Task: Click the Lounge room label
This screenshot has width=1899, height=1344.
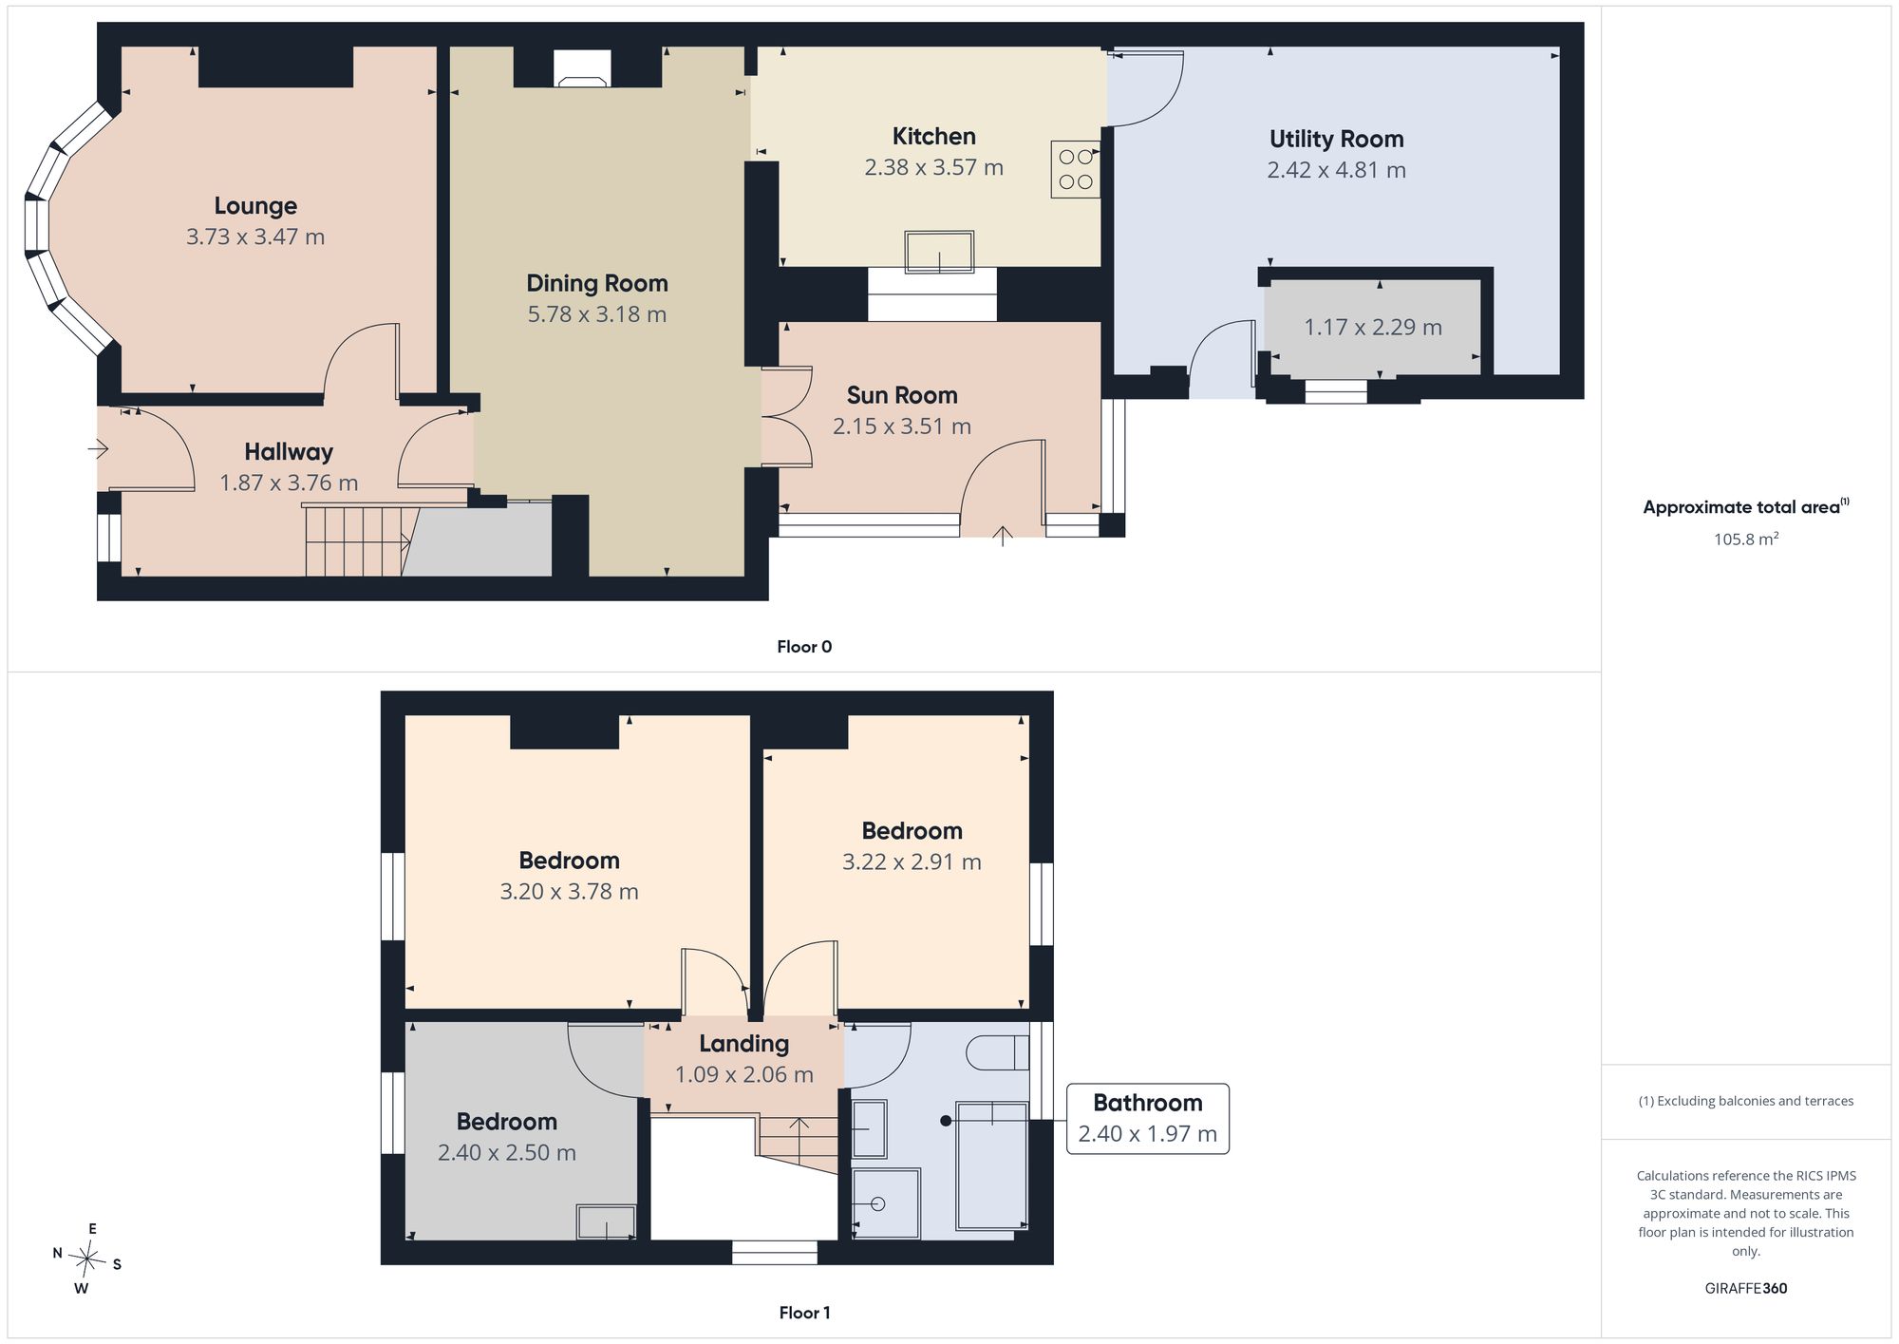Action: tap(255, 205)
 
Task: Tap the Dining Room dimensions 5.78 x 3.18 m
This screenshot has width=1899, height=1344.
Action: tap(597, 313)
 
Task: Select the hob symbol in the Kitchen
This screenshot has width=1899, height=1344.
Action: tap(1076, 169)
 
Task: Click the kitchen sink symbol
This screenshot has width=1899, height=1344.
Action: tap(939, 252)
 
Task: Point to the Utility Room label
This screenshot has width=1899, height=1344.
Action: tap(1337, 139)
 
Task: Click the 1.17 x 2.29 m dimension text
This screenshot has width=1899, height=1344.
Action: tap(1373, 327)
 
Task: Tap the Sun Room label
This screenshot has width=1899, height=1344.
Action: tap(902, 395)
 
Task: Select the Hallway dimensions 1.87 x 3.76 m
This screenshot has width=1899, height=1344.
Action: tap(289, 483)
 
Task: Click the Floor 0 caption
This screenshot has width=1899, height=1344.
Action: tap(804, 647)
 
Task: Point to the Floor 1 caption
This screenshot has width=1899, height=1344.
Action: tap(804, 1313)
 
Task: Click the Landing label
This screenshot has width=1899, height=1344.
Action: tap(744, 1044)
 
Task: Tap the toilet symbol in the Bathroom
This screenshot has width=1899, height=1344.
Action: tap(997, 1052)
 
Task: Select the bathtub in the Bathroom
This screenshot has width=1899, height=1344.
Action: tap(992, 1166)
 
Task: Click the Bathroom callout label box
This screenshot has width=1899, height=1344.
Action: tap(1148, 1119)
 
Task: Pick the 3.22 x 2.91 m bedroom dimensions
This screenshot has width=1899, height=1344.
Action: tap(912, 861)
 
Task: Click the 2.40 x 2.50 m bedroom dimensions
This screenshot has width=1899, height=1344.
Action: tap(507, 1152)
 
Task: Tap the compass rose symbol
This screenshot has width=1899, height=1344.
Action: tap(87, 1259)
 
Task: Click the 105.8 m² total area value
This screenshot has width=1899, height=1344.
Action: tap(1746, 539)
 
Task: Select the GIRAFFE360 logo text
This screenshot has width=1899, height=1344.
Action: tap(1746, 1289)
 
